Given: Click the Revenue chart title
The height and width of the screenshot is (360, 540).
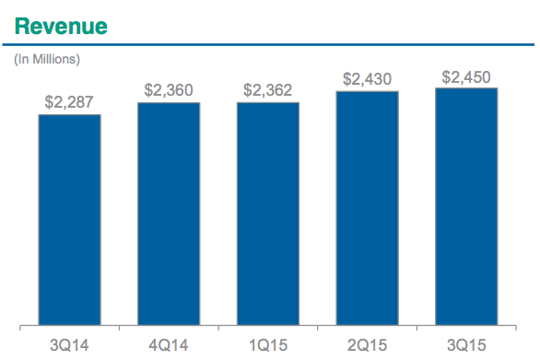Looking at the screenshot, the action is coord(61,27).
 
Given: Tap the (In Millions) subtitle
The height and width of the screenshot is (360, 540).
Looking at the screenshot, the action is coord(47,59).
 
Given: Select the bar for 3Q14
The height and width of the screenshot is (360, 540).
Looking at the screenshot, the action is coord(69,219).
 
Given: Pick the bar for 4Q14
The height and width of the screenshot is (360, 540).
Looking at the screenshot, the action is coord(169,214).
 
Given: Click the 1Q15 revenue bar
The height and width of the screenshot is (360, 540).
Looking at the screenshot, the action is coord(268,214).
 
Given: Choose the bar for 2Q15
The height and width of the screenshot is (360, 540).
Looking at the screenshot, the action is coord(367,208).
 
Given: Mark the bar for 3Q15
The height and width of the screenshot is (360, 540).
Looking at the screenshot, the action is coord(466,206).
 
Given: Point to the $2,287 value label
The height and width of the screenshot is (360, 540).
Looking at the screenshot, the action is coord(69,102).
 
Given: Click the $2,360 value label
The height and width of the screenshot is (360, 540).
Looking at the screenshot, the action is coord(169,90).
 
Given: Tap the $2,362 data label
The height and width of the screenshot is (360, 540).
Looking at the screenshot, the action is coord(267,90).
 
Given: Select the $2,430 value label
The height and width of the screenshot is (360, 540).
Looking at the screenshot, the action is coord(367,79).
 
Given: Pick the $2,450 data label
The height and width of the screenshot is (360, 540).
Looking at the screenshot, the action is coord(466,77).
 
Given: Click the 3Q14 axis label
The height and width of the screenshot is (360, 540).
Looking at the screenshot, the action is coord(69,345).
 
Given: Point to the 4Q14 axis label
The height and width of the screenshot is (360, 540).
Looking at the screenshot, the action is coord(169,345).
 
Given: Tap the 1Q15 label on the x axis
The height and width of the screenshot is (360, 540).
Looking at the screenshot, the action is coord(268,345).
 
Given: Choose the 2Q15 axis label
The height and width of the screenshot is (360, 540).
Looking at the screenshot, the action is coord(367,345).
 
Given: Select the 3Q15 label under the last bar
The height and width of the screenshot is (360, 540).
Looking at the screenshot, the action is coord(466,345).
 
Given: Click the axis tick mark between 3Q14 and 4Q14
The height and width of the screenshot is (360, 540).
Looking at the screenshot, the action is coord(119,328).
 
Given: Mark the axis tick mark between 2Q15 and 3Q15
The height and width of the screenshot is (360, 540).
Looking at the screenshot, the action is coord(417,328).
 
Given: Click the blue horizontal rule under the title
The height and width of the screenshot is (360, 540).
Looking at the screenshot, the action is coord(268,44).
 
